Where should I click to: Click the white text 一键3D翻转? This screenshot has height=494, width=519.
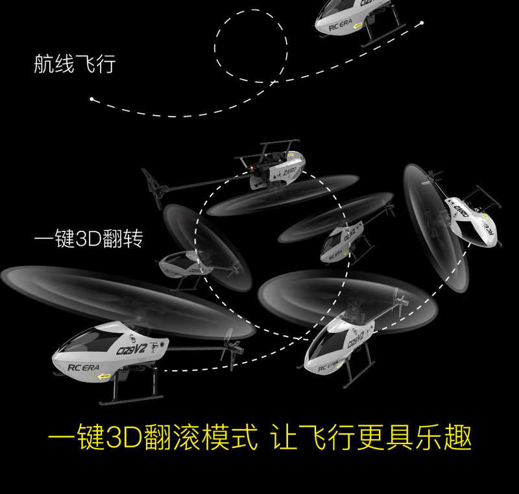(x=88, y=239)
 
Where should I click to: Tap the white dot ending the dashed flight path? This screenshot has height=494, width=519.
(x=92, y=100)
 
